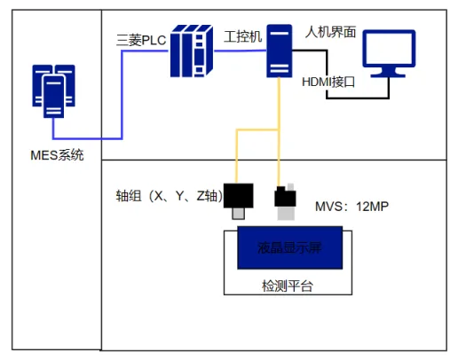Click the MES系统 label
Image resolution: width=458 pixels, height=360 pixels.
(57, 155)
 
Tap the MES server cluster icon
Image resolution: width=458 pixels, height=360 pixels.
(53, 91)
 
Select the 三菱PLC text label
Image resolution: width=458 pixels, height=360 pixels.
(141, 40)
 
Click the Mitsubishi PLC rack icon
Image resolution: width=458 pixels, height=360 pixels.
(192, 51)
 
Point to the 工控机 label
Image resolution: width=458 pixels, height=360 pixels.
(243, 36)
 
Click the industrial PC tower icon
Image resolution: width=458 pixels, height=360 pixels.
(280, 51)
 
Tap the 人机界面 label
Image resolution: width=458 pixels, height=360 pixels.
(330, 32)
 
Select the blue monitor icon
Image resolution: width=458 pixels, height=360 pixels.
(389, 53)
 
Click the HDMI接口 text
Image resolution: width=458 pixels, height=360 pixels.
(328, 82)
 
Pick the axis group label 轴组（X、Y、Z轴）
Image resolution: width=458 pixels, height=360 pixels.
(170, 196)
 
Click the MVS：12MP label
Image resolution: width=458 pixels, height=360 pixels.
(351, 207)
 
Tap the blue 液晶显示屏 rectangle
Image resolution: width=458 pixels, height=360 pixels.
(290, 247)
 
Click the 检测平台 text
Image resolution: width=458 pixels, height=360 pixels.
(288, 286)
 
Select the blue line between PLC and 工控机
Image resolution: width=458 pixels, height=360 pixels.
(240, 51)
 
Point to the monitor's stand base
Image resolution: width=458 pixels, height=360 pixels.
(388, 75)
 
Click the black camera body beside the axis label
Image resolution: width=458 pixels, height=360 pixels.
(238, 196)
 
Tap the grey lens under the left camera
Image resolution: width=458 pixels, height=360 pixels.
(238, 214)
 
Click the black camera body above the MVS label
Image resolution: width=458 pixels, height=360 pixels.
(285, 197)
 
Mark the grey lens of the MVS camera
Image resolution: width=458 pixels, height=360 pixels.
(286, 213)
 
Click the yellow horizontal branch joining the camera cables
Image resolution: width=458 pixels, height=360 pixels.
(257, 129)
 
